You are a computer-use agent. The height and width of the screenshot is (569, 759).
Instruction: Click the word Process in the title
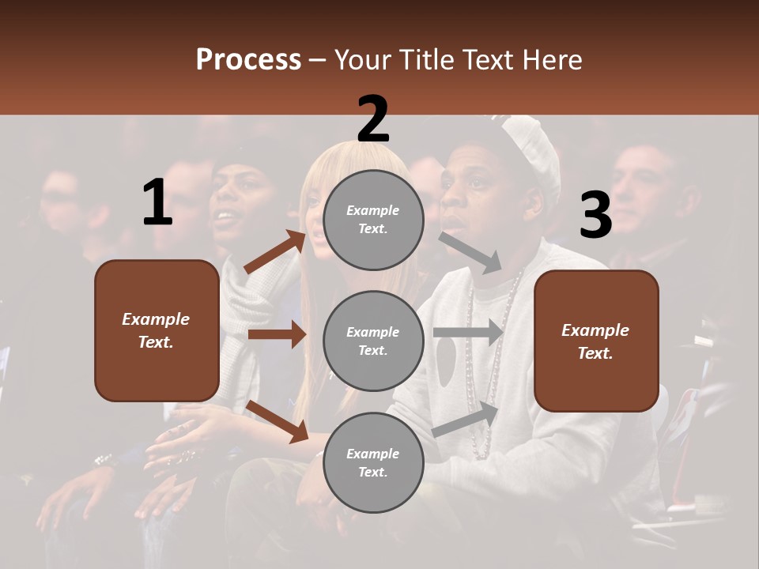(x=248, y=60)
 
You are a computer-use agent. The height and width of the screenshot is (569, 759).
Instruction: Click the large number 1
(x=157, y=202)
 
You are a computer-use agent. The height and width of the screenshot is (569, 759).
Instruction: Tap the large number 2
(x=373, y=120)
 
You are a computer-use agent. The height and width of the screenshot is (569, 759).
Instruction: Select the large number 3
(x=595, y=216)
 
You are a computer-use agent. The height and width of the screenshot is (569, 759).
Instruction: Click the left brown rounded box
(x=157, y=330)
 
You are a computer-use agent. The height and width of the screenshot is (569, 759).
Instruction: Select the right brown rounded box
(x=596, y=341)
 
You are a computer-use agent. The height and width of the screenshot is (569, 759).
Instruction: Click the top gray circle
(x=373, y=220)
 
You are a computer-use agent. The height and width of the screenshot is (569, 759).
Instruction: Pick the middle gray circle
(x=373, y=341)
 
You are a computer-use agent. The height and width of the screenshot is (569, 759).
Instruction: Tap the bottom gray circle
(x=373, y=462)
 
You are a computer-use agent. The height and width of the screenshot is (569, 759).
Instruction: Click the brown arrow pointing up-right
(x=275, y=252)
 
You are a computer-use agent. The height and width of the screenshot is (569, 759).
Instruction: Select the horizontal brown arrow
(x=277, y=334)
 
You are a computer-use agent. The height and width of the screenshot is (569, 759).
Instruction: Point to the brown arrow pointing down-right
(x=277, y=421)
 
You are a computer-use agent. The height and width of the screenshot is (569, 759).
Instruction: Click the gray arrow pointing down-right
(x=470, y=252)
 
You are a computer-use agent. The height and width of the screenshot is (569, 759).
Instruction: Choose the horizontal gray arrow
(x=468, y=332)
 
